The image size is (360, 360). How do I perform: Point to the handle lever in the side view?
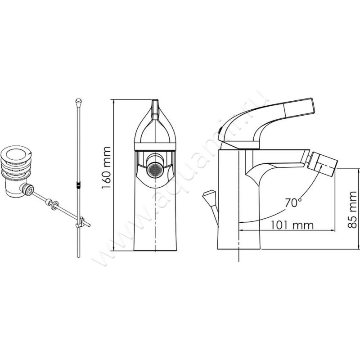click(288, 108)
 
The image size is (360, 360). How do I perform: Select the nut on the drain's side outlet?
click(30, 190)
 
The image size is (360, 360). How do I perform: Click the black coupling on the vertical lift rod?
click(79, 184)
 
